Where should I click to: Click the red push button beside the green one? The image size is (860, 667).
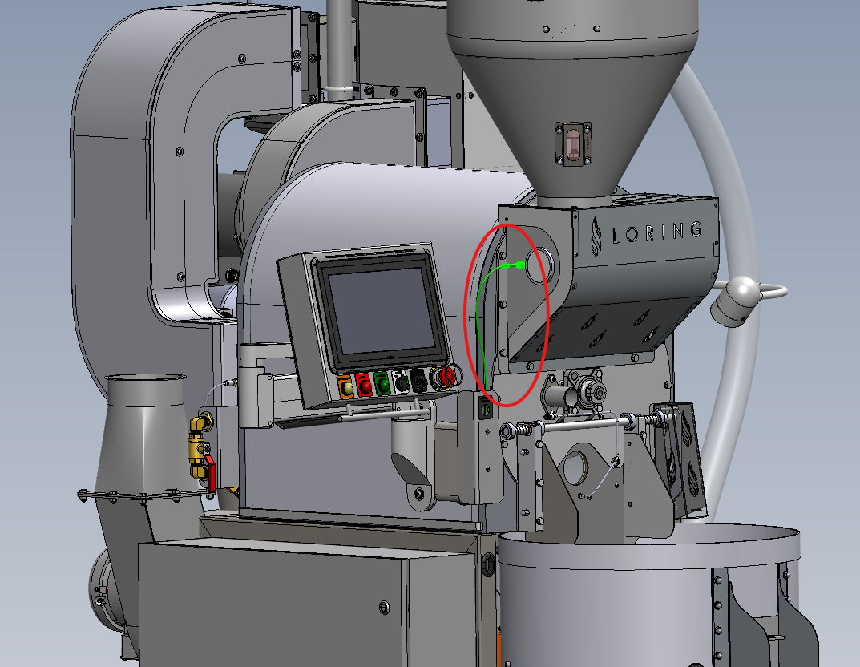[364, 385]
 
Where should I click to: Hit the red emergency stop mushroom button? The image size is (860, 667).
[446, 377]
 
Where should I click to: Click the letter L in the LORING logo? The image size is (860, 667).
[616, 236]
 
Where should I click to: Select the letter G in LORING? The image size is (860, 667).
[696, 228]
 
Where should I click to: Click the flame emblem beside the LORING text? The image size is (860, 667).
[596, 235]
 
